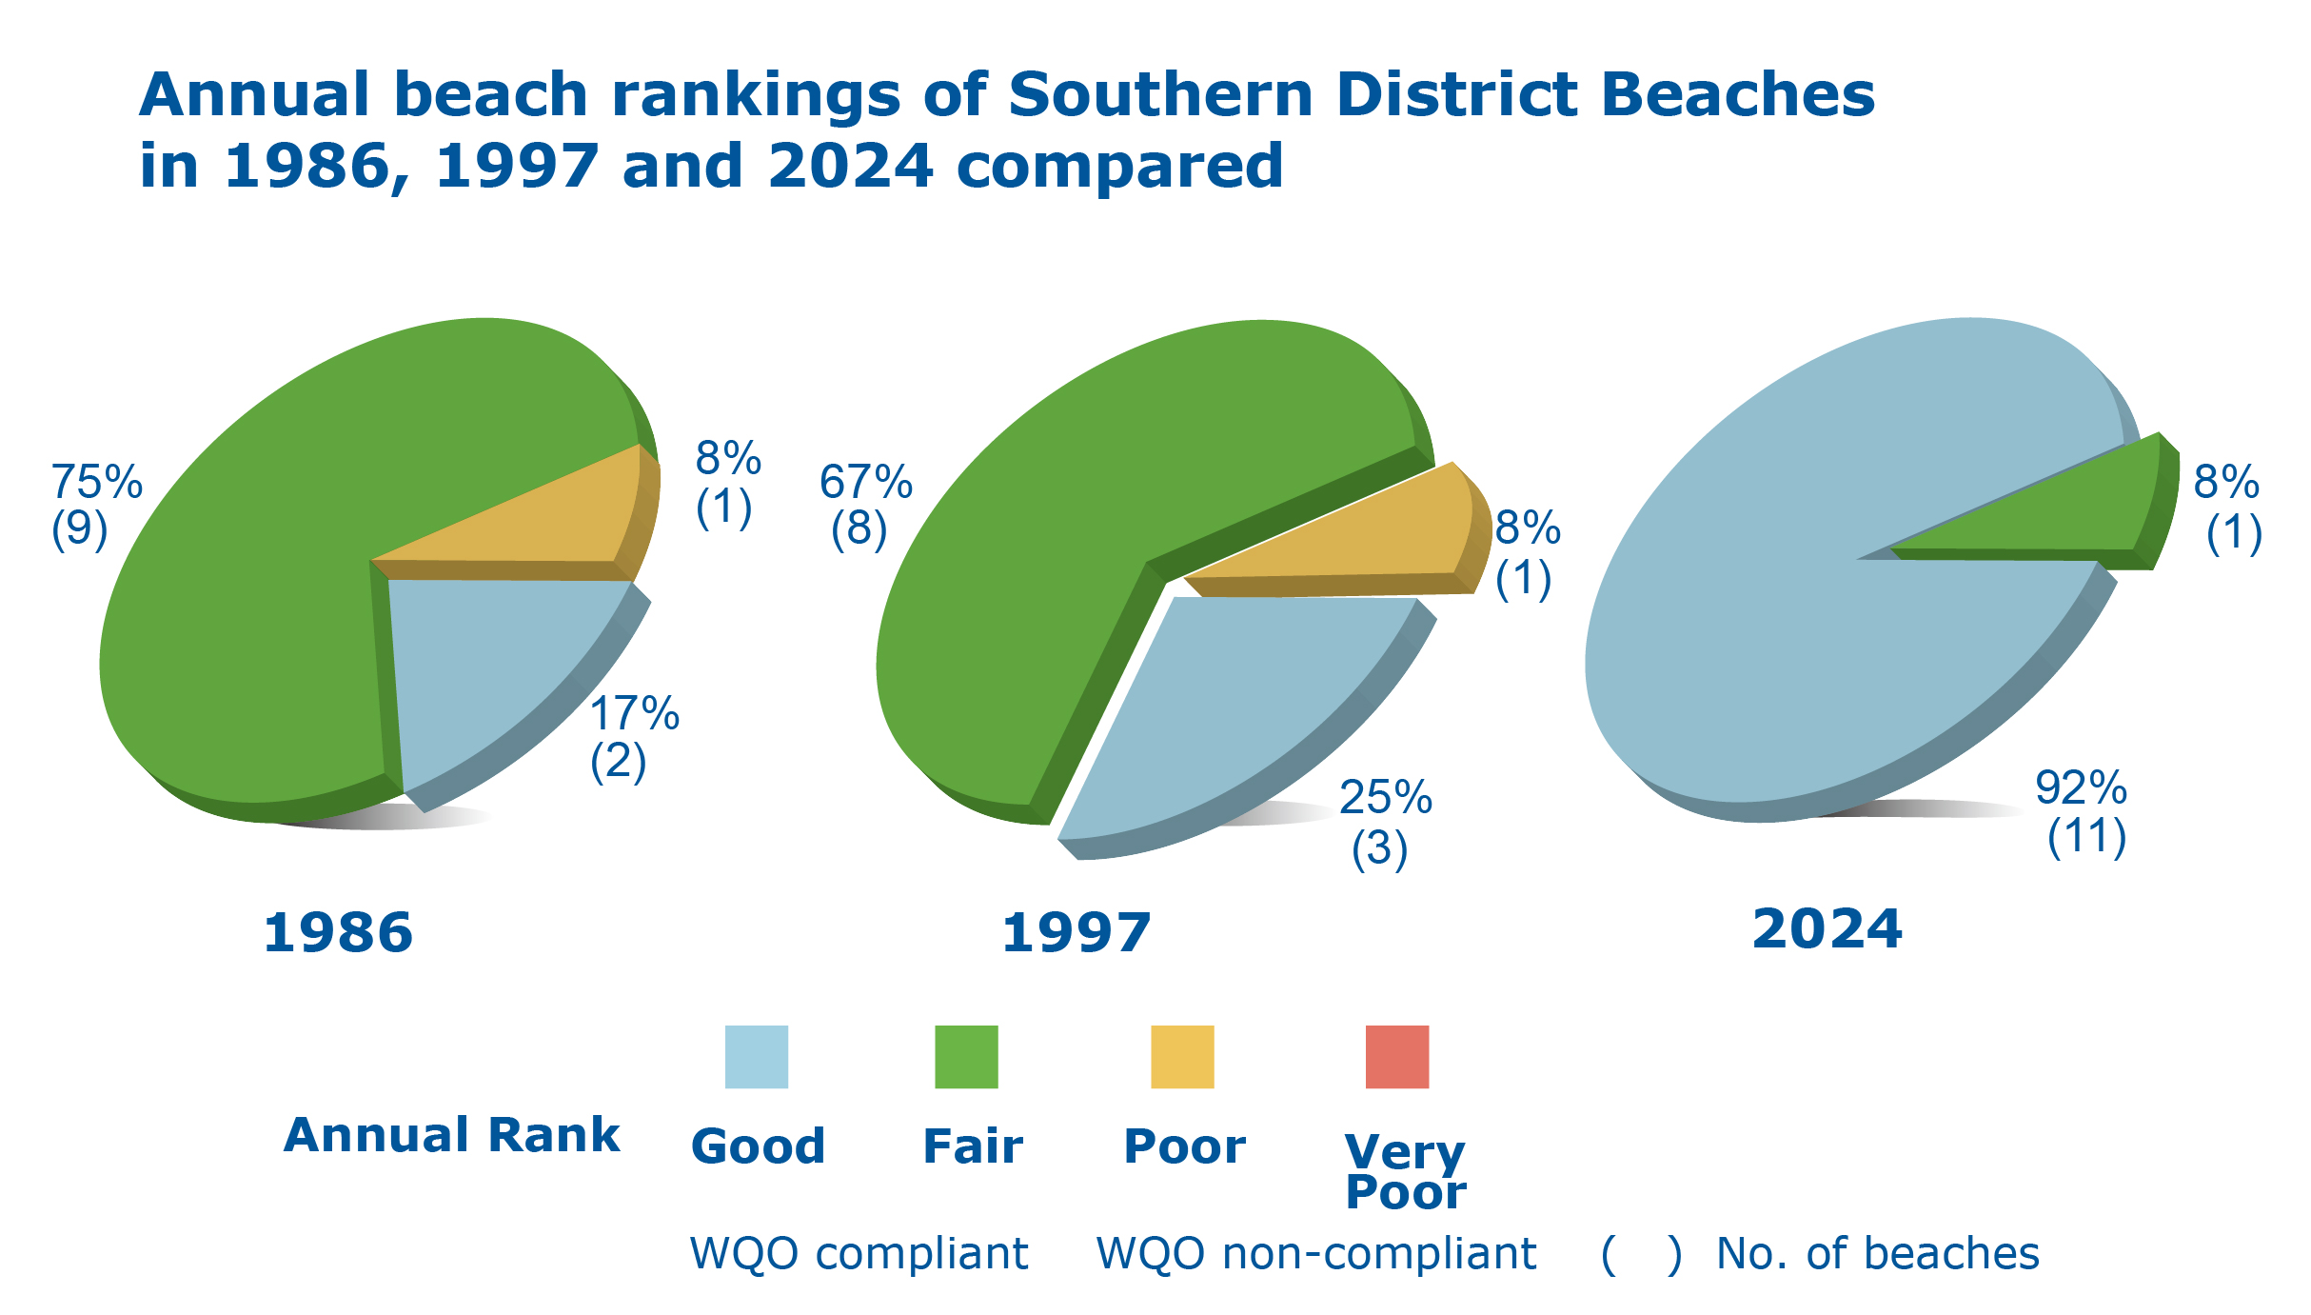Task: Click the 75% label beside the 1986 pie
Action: pyautogui.click(x=96, y=482)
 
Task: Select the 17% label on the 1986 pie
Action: pyautogui.click(x=634, y=713)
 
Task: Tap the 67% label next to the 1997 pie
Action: pyautogui.click(x=865, y=482)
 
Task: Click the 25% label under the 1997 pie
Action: pyautogui.click(x=1385, y=798)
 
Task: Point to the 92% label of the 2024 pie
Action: pyautogui.click(x=2081, y=788)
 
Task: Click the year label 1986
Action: pyautogui.click(x=338, y=932)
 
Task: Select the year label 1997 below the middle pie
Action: pyautogui.click(x=1076, y=932)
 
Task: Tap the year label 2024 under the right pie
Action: pyautogui.click(x=1827, y=928)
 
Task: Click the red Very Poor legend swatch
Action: pyautogui.click(x=1396, y=1056)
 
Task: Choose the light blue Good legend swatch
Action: pyautogui.click(x=757, y=1056)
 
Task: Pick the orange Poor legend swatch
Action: pyautogui.click(x=1182, y=1056)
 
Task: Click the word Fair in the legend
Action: pyautogui.click(x=973, y=1146)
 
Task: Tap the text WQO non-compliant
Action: pyautogui.click(x=1315, y=1253)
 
